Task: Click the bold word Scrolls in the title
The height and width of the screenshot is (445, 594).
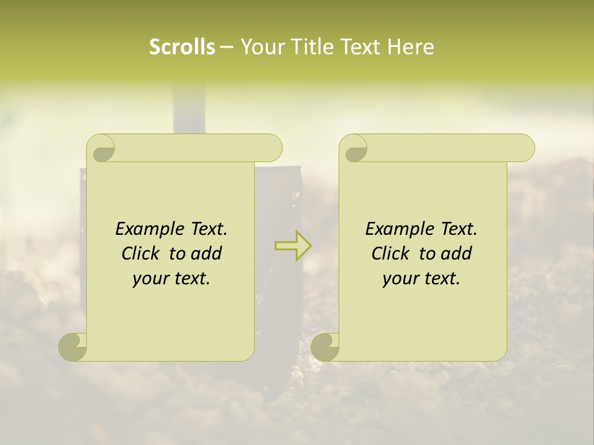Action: click(182, 47)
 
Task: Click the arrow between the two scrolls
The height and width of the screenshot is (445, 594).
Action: click(293, 245)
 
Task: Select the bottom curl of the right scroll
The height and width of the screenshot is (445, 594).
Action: click(325, 347)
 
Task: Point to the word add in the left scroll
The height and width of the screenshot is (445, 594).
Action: click(207, 254)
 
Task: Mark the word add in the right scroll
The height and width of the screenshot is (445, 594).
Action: click(457, 254)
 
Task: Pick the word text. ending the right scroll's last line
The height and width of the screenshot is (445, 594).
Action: click(442, 279)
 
